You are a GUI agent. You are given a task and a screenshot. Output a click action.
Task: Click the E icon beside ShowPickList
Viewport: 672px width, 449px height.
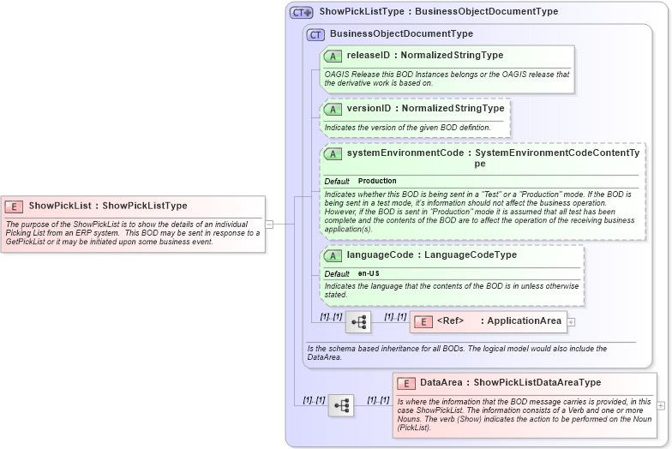pos(14,206)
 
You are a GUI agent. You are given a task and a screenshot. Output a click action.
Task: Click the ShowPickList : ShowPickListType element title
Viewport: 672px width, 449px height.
pos(107,206)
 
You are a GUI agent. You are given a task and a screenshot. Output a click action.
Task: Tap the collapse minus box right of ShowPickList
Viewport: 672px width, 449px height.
pos(269,224)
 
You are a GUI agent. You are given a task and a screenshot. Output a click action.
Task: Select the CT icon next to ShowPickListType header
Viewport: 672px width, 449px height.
pos(301,12)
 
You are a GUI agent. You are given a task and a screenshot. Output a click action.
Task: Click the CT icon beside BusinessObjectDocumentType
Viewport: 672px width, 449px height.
pos(316,34)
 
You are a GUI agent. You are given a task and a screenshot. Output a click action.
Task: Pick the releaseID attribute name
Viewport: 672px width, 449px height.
pos(368,55)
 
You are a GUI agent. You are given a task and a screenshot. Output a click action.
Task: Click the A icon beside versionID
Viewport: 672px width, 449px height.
pos(333,109)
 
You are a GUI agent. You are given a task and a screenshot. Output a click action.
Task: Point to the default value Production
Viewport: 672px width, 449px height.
pos(377,181)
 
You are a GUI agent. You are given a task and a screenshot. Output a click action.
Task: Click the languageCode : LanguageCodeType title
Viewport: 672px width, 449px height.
pos(431,254)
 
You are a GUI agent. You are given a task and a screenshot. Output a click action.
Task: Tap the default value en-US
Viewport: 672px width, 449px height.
pos(369,272)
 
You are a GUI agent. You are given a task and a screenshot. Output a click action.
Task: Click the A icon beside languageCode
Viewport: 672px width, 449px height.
pos(333,255)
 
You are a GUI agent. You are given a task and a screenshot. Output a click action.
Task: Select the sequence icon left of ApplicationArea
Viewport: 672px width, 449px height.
pos(358,322)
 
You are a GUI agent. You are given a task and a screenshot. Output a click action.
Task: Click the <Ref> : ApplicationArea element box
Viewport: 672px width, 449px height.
pos(488,321)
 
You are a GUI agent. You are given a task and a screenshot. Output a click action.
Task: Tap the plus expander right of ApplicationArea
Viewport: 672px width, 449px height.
pos(571,322)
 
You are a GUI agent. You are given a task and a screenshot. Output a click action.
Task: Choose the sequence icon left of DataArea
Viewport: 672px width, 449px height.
pos(340,405)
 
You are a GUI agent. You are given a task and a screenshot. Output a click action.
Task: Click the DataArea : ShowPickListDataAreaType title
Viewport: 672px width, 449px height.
pos(510,382)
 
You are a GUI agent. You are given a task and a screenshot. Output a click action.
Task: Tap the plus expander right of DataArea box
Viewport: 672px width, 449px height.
pos(661,405)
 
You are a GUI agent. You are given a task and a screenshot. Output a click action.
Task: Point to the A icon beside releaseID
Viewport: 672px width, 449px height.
pos(333,56)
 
